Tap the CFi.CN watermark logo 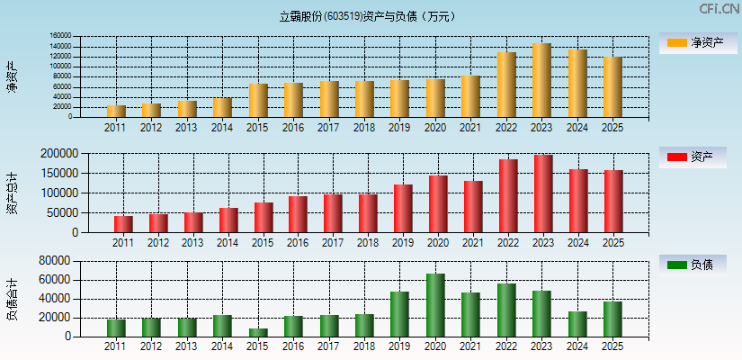(x=720, y=9)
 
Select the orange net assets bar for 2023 (x=541, y=80)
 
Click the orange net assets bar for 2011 (x=116, y=112)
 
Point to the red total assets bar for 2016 (x=298, y=214)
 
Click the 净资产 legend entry (x=692, y=42)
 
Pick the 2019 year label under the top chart (x=399, y=128)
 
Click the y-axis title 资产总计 (x=12, y=193)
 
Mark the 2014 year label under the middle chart (x=228, y=243)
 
